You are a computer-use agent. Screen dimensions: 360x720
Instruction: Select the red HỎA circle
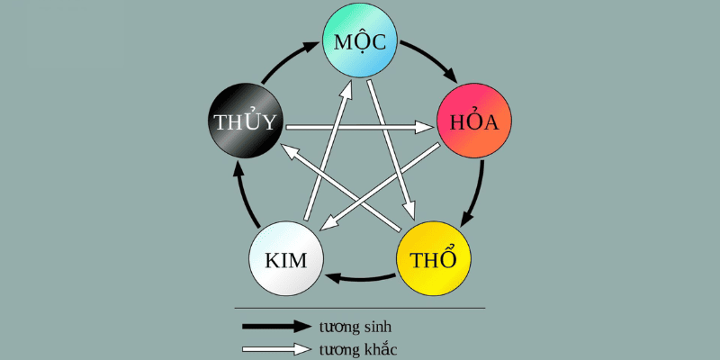coord(473,122)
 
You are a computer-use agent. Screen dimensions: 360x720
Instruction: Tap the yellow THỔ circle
coord(433,259)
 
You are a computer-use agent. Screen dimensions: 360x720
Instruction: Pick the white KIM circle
coord(286,260)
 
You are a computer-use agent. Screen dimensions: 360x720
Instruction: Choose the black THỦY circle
coord(245,122)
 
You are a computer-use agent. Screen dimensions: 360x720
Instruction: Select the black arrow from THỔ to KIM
coord(360,275)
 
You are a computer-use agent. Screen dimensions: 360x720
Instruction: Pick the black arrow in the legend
coord(275,325)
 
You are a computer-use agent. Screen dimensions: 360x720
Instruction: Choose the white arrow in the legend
coord(275,348)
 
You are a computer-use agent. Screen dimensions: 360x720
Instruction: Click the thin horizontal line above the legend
coord(360,309)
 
